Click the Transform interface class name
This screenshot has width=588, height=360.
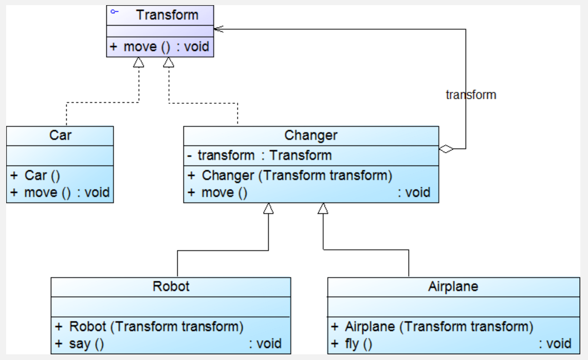pos(167,15)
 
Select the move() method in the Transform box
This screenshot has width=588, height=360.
pos(159,47)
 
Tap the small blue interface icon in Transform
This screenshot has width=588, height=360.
pos(115,12)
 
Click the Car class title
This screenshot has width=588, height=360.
pos(60,135)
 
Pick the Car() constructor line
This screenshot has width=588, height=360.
pos(35,175)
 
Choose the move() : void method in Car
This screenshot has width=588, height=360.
pos(60,192)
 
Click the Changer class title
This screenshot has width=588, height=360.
pos(311,135)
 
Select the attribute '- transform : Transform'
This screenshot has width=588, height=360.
pos(260,155)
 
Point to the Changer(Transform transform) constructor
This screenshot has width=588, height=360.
pos(290,175)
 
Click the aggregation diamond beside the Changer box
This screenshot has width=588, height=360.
pos(446,149)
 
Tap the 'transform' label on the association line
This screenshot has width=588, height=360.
pos(471,95)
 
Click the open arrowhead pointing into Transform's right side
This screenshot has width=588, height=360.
pos(218,29)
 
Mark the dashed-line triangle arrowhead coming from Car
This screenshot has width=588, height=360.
pos(139,62)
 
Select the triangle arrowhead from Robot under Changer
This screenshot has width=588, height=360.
pos(268,208)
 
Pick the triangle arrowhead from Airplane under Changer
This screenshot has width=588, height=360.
pos(323,208)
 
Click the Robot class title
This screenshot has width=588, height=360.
pos(171,286)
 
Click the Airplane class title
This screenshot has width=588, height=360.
pos(453,286)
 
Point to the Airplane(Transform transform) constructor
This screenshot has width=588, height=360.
pos(432,327)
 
